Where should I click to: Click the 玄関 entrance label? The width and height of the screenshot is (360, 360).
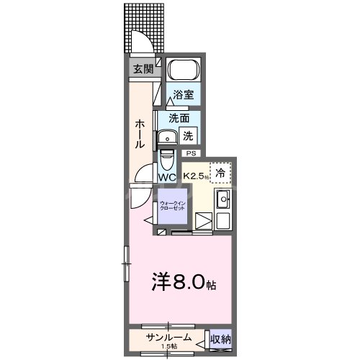pyautogui.click(x=142, y=69)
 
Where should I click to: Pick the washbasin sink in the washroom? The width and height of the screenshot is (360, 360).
pyautogui.click(x=170, y=137)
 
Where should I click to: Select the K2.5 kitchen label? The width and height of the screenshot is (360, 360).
pyautogui.click(x=195, y=176)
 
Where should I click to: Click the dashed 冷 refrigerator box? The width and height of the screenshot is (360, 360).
pyautogui.click(x=222, y=173)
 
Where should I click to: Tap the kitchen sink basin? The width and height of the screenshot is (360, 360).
pyautogui.click(x=223, y=199)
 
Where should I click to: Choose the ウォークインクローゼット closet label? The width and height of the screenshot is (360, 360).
pyautogui.click(x=172, y=207)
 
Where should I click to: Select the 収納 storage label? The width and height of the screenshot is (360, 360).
pyautogui.click(x=221, y=338)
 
